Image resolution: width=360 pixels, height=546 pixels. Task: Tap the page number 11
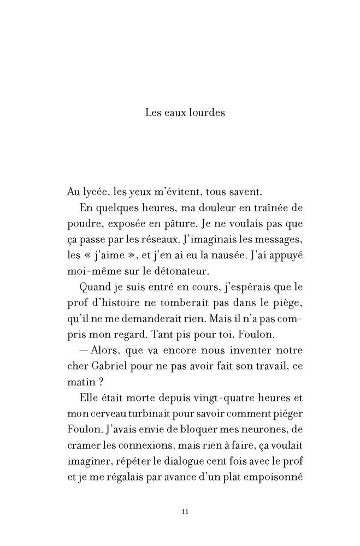pyautogui.click(x=184, y=512)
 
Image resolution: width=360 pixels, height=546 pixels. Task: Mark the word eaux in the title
pyautogui.click(x=170, y=114)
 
